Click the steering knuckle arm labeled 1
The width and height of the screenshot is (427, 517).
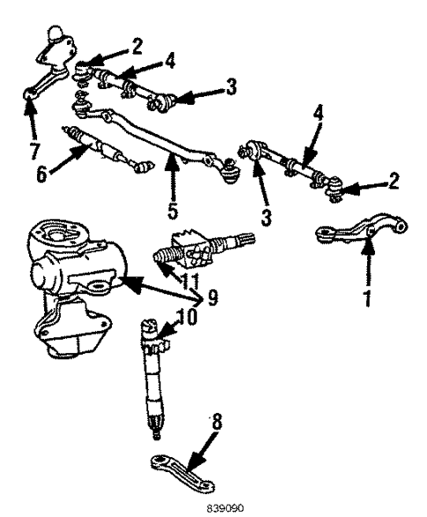pyautogui.click(x=361, y=233)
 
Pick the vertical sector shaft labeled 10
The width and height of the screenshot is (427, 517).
pyautogui.click(x=152, y=379)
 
